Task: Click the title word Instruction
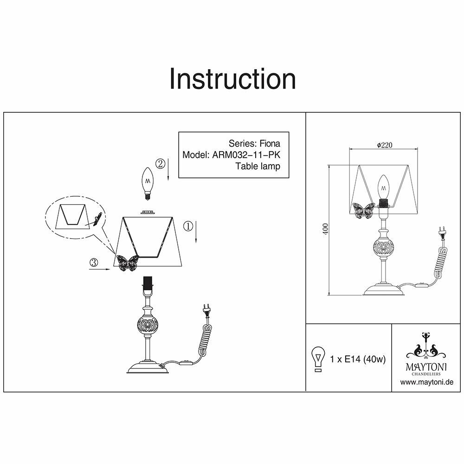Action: tap(232, 79)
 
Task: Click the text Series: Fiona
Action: tap(254, 143)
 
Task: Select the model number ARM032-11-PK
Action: tap(246, 155)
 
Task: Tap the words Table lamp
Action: tap(258, 166)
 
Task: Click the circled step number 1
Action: tap(188, 226)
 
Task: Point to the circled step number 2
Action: tap(160, 163)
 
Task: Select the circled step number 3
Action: tap(93, 263)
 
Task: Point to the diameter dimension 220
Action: tap(385, 145)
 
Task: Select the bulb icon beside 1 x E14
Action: tap(318, 359)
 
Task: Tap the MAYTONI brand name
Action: tap(427, 367)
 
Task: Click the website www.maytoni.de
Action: tap(426, 382)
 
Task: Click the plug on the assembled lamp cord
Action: tap(441, 232)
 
